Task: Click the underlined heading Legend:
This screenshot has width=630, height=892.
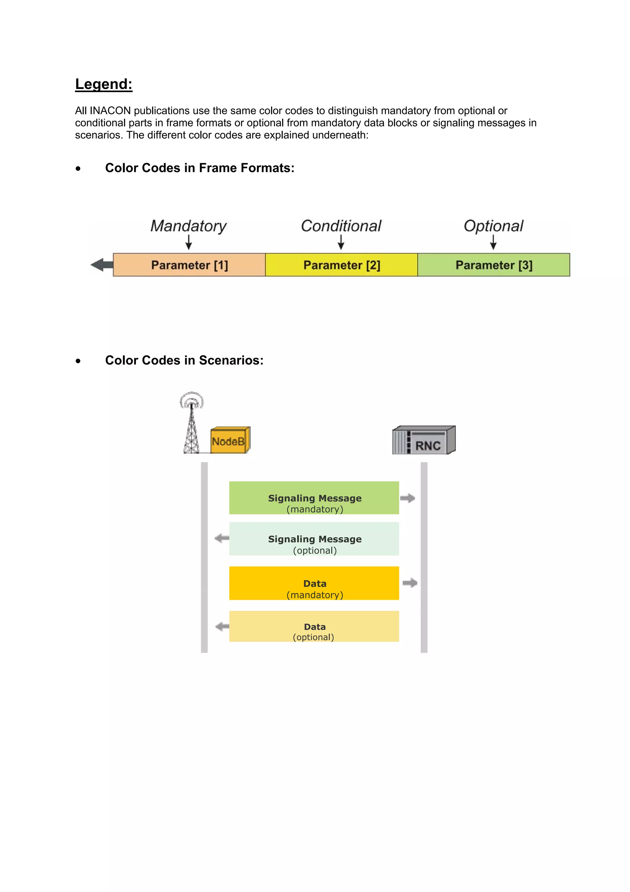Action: pyautogui.click(x=104, y=84)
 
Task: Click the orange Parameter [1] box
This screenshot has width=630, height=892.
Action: pyautogui.click(x=189, y=265)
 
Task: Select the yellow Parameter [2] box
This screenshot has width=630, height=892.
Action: pyautogui.click(x=341, y=265)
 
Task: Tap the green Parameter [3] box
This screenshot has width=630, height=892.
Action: pyautogui.click(x=493, y=265)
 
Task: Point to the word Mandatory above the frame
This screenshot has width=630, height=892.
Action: pyautogui.click(x=188, y=226)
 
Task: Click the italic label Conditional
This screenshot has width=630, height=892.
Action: pyautogui.click(x=341, y=226)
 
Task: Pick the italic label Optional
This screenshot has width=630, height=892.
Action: pyautogui.click(x=493, y=226)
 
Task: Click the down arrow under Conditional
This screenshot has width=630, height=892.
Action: pyautogui.click(x=341, y=242)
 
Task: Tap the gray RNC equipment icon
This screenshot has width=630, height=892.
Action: pyautogui.click(x=424, y=440)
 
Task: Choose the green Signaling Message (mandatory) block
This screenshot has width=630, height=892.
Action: pyautogui.click(x=314, y=498)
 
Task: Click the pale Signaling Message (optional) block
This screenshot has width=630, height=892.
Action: pyautogui.click(x=314, y=539)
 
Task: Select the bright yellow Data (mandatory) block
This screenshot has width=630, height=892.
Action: pyautogui.click(x=314, y=583)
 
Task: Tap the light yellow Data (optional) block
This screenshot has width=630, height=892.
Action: pyautogui.click(x=314, y=626)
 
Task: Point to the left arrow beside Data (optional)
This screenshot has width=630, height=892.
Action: pyautogui.click(x=222, y=626)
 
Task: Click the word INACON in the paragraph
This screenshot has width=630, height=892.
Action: pyautogui.click(x=110, y=111)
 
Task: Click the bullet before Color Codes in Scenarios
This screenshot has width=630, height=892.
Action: pyautogui.click(x=78, y=361)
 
